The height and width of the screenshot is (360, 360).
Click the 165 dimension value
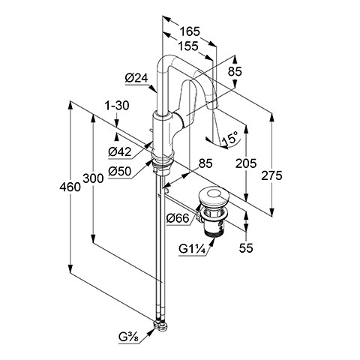click(x=190, y=31)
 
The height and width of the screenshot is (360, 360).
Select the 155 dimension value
click(x=188, y=46)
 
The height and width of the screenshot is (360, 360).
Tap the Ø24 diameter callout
click(x=136, y=78)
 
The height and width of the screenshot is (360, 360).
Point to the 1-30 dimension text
click(x=117, y=106)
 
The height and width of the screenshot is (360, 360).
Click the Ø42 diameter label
click(x=120, y=151)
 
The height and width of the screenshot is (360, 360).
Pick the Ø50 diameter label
click(x=120, y=171)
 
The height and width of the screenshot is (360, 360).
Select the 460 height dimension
click(x=70, y=187)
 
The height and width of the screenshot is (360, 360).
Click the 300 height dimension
click(x=93, y=178)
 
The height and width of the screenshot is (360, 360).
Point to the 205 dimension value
click(x=246, y=163)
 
